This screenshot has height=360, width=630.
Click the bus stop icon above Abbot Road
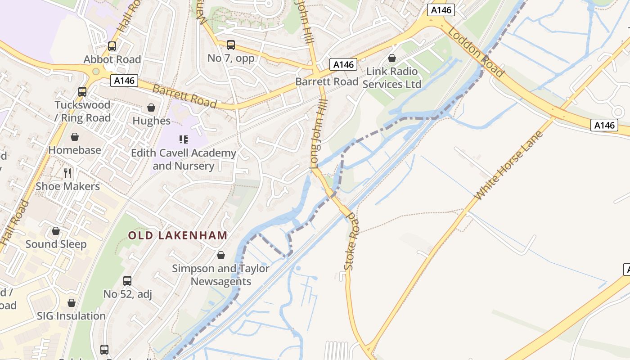click(112, 46)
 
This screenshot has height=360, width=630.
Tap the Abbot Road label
click(112, 59)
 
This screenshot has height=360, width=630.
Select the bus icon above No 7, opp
click(231, 45)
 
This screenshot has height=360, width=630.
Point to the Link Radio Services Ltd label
click(392, 78)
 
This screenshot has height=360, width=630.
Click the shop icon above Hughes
click(151, 108)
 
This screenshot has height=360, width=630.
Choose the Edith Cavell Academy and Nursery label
click(184, 159)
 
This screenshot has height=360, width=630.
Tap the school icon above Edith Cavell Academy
click(183, 139)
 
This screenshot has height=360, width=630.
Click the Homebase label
click(75, 150)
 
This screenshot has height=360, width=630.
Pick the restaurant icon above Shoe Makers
click(67, 173)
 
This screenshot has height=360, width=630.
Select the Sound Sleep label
click(56, 244)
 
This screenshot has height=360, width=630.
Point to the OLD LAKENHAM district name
click(178, 235)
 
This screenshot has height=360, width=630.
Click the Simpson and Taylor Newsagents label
click(220, 275)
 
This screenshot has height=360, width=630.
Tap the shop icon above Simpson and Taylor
click(220, 255)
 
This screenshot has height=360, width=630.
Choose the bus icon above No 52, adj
click(127, 281)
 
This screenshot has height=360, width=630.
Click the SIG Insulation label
click(71, 316)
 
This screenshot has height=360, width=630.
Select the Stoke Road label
click(351, 243)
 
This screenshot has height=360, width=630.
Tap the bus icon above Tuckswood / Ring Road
click(82, 91)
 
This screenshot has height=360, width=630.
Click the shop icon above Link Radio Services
click(392, 58)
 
